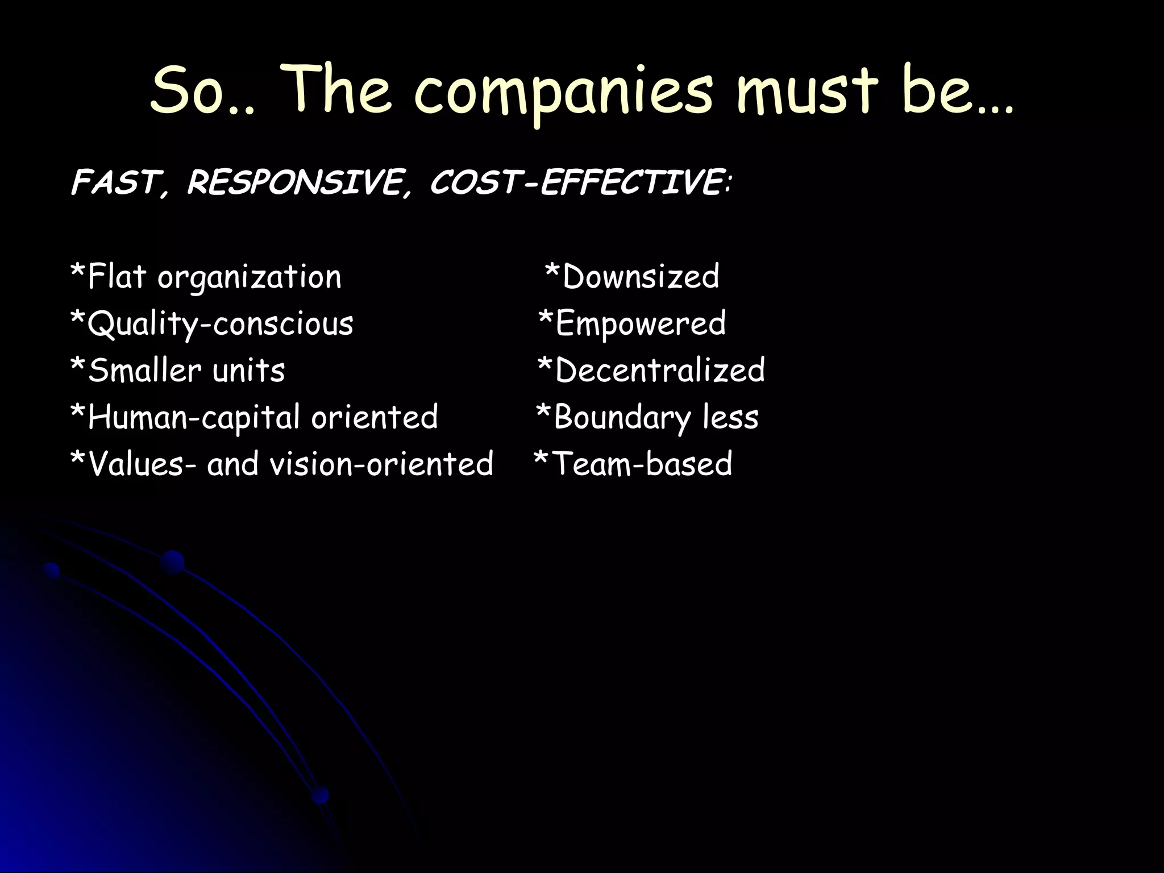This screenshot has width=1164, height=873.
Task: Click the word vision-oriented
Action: tap(381, 464)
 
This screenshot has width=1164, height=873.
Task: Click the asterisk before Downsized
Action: tap(552, 273)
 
